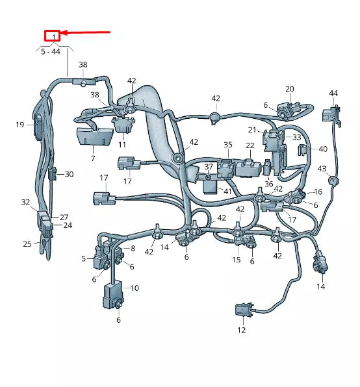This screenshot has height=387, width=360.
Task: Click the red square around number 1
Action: click(x=52, y=35)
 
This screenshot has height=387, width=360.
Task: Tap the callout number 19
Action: click(x=19, y=124)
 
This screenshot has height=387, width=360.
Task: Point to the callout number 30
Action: click(x=69, y=174)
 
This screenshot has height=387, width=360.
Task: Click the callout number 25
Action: click(x=27, y=244)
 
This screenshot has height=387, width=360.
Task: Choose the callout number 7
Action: click(x=92, y=158)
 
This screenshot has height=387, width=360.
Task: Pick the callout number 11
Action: click(x=122, y=144)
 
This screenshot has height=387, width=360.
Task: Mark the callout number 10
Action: click(x=135, y=288)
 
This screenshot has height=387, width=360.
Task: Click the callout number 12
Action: click(x=241, y=331)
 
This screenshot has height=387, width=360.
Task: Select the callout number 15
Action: click(x=237, y=260)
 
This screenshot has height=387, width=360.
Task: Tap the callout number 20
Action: click(x=290, y=89)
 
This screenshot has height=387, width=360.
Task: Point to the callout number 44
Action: click(x=333, y=94)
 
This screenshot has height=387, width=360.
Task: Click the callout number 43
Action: click(x=321, y=169)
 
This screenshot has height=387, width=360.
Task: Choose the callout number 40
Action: click(x=323, y=149)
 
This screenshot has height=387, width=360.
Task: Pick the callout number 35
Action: click(x=227, y=145)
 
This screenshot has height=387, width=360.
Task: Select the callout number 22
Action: click(x=250, y=145)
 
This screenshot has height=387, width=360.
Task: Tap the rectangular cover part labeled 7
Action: click(x=93, y=137)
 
